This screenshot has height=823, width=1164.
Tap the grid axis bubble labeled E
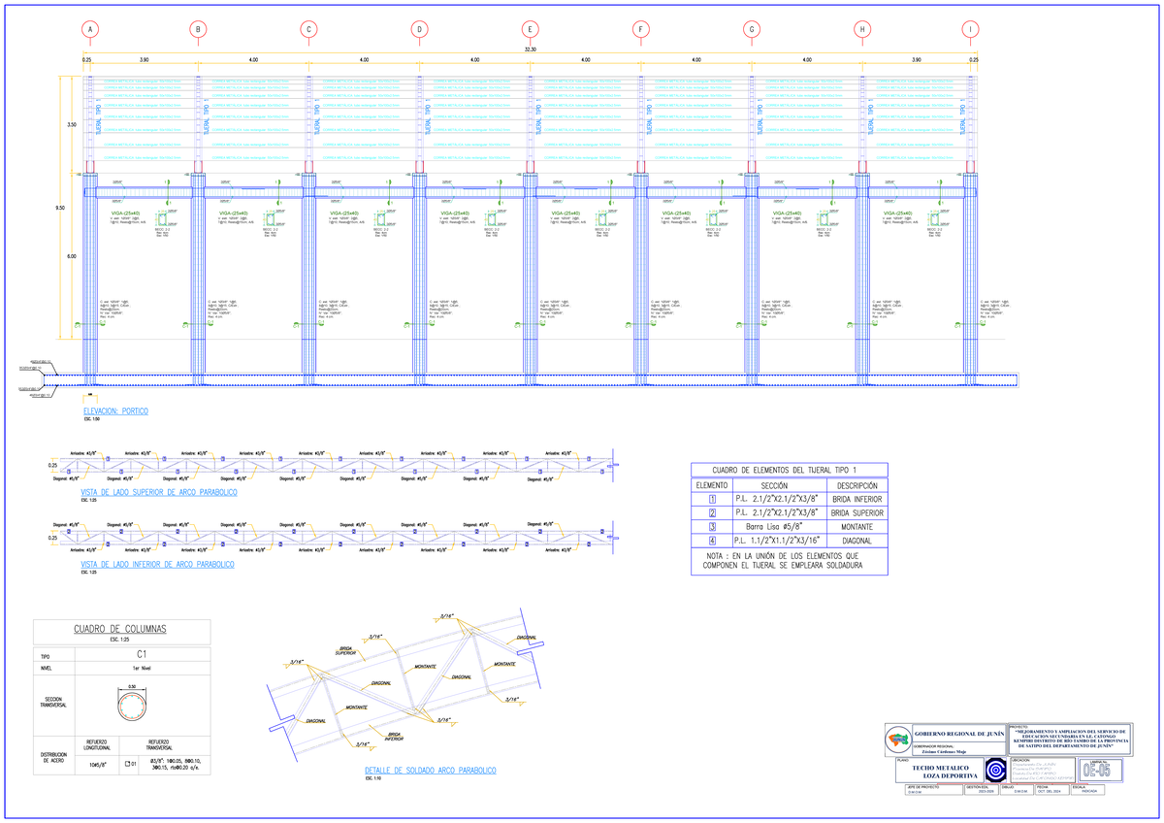click(530, 29)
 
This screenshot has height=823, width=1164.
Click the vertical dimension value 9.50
click(60, 208)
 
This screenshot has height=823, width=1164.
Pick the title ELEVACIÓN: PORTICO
click(115, 411)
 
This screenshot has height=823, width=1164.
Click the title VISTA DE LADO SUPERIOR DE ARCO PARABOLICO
click(159, 493)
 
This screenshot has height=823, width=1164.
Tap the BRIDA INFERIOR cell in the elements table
click(857, 499)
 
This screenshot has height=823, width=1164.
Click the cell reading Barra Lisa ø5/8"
click(775, 527)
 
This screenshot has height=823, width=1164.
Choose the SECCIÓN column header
click(775, 484)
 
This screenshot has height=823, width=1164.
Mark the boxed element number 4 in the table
click(712, 541)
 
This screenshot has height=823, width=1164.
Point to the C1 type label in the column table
click(142, 655)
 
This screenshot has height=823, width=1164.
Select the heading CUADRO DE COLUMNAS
click(120, 629)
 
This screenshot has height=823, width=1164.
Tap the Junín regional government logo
click(898, 740)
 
